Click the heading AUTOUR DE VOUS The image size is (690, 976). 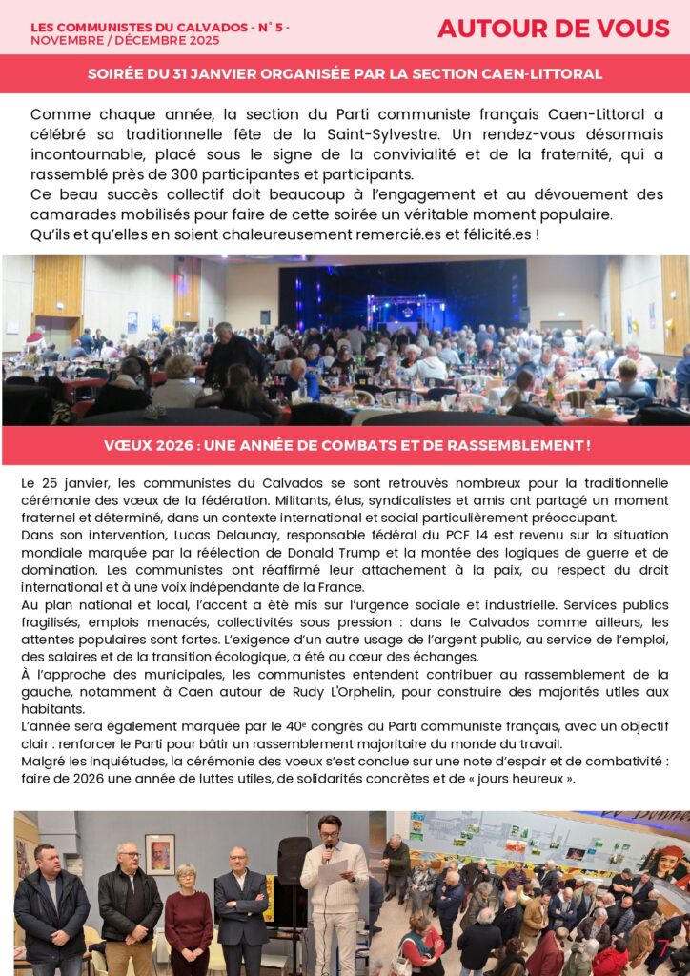coord(553,29)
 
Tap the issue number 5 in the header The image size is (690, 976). coord(274,26)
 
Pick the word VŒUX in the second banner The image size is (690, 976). coord(126,445)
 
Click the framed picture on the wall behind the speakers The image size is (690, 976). coord(159,854)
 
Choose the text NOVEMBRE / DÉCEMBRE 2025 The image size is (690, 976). coord(125,40)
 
